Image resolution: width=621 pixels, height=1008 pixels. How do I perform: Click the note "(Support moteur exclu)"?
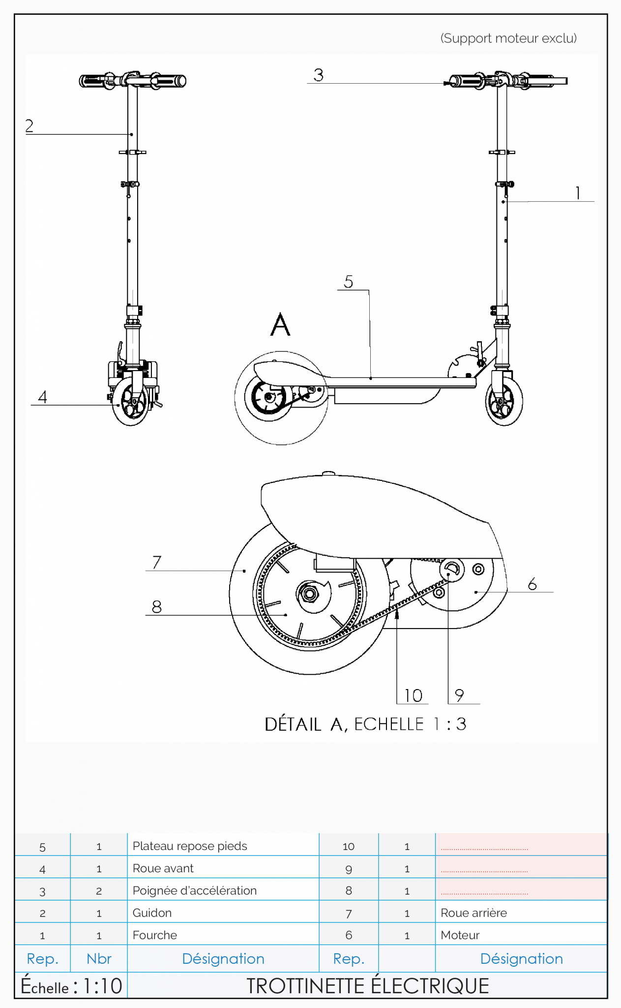(508, 38)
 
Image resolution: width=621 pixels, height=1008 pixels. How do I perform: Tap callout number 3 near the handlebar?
(319, 75)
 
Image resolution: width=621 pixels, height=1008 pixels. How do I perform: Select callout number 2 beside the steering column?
(30, 126)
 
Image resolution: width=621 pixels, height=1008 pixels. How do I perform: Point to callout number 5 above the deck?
(349, 282)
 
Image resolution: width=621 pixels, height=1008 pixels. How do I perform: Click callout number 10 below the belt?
(414, 695)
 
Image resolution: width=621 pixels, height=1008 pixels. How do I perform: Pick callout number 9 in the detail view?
(459, 695)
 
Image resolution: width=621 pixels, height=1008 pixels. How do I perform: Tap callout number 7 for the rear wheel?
(157, 562)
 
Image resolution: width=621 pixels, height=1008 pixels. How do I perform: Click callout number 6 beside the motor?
(532, 584)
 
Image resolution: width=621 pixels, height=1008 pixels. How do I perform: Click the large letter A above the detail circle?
(280, 325)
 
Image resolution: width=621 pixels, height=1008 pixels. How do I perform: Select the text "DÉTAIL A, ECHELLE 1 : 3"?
(365, 724)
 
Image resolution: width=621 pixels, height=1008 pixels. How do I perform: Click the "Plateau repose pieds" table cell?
(190, 846)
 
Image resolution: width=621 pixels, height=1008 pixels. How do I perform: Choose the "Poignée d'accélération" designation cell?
(195, 890)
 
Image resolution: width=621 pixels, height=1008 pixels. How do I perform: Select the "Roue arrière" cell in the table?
(473, 913)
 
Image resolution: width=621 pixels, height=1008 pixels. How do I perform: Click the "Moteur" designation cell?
(460, 935)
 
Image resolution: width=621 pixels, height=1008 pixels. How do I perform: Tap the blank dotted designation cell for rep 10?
(521, 846)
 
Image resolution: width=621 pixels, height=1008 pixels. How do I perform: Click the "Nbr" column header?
(99, 959)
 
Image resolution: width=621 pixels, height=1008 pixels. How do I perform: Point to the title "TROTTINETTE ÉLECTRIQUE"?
(367, 986)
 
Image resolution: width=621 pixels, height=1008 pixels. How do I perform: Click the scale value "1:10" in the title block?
(103, 986)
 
